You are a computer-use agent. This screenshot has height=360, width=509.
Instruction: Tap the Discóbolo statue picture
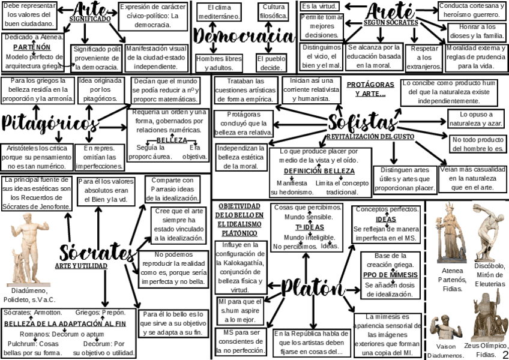[488, 232]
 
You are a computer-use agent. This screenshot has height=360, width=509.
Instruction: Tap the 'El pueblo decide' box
[271, 64]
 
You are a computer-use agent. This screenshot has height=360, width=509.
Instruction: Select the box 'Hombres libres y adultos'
[219, 63]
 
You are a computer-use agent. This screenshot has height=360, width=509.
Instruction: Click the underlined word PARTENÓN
[32, 47]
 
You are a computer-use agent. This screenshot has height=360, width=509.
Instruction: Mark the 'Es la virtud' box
[320, 6]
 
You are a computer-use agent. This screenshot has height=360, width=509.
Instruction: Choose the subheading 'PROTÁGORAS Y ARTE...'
[370, 89]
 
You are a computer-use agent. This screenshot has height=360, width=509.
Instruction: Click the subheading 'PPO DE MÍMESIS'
[387, 275]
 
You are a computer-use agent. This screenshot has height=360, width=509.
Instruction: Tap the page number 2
[505, 355]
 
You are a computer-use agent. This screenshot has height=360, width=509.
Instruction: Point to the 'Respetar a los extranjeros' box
[424, 57]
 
